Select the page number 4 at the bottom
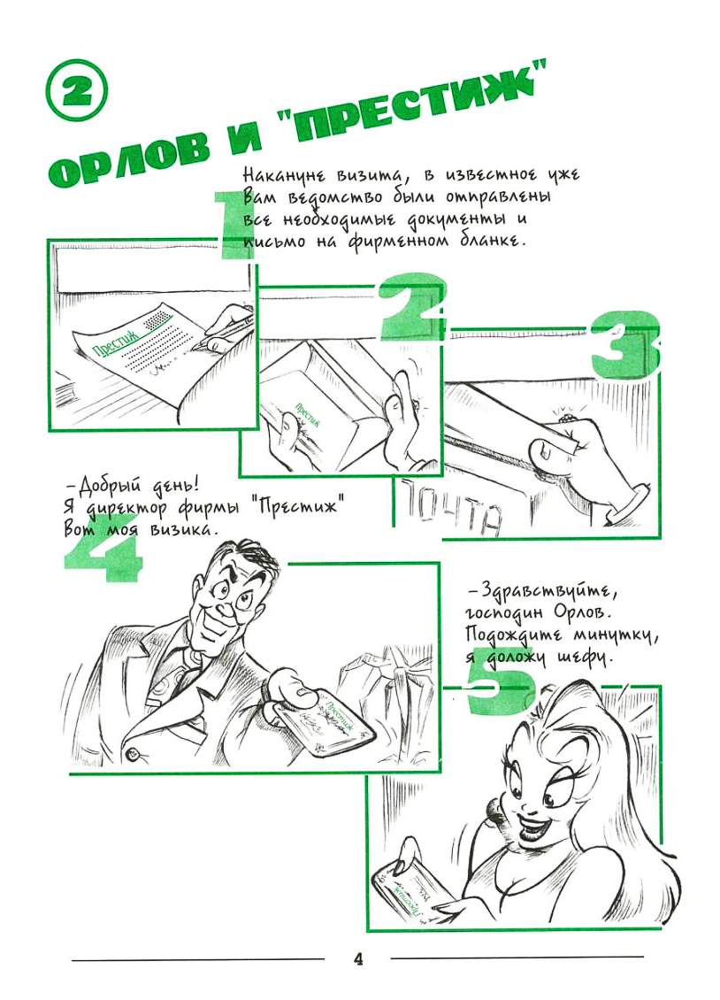click(x=358, y=958)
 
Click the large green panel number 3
click(x=625, y=344)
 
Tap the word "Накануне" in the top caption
click(x=285, y=175)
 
